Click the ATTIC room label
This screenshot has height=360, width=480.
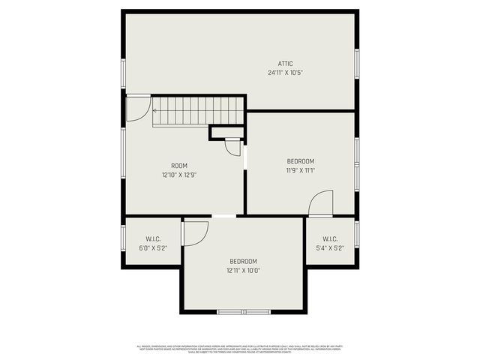click(x=285, y=64)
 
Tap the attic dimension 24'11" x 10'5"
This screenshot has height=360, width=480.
click(x=285, y=73)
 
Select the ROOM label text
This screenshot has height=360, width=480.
click(x=179, y=166)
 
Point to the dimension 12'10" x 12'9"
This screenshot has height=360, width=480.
click(x=179, y=175)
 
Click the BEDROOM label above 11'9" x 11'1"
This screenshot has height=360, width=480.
click(x=300, y=161)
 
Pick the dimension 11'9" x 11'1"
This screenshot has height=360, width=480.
click(x=300, y=170)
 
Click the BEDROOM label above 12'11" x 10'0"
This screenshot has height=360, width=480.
click(x=244, y=261)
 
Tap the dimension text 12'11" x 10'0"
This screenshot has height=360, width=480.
click(x=244, y=270)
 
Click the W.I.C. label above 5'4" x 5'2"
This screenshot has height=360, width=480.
click(x=331, y=239)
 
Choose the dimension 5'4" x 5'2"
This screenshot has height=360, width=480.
click(x=331, y=247)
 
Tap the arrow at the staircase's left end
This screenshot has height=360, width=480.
click(x=155, y=111)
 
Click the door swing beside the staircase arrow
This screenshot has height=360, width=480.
click(x=136, y=108)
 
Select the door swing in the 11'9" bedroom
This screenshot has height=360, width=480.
click(x=321, y=203)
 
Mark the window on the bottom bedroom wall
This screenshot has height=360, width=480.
click(x=244, y=311)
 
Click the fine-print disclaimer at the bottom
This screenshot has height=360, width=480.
click(x=239, y=349)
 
